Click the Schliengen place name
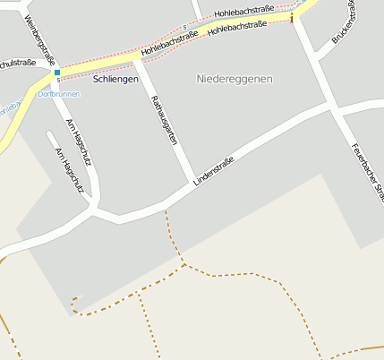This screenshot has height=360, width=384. tap(116, 79)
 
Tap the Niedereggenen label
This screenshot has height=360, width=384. tap(234, 79)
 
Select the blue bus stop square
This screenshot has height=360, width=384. tap(57, 72)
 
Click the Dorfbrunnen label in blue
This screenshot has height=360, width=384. tap(58, 94)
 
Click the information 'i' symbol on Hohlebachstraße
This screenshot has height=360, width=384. tap(292, 16)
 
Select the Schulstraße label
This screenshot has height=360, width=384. tap(18, 64)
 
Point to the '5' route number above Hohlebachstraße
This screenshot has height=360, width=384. tap(184, 27)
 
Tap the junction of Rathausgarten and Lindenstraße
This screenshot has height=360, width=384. tap(191, 184)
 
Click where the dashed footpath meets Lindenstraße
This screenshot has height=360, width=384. tap(166, 210)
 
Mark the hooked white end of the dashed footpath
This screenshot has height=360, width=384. tap(76, 298)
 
